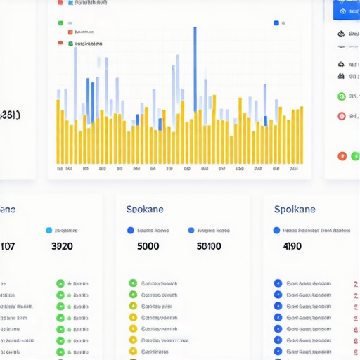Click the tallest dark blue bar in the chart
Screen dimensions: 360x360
click(195, 67)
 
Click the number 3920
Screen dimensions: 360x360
click(63, 246)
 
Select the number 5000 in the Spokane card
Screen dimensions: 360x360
click(148, 246)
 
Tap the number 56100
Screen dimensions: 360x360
click(209, 246)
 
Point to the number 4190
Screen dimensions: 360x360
click(292, 246)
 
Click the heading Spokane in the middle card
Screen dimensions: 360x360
click(146, 210)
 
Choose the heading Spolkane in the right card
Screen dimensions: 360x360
click(295, 210)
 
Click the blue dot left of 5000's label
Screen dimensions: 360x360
click(130, 230)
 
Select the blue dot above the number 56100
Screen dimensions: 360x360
click(191, 230)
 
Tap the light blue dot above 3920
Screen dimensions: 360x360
click(49, 230)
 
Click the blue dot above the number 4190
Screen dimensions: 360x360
click(276, 230)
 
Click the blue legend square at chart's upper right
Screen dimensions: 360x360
click(276, 22)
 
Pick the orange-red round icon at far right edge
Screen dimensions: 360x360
click(342, 155)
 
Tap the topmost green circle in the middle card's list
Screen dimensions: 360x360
click(132, 283)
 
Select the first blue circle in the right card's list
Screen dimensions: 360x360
click(278, 283)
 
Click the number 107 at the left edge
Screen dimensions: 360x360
click(7, 246)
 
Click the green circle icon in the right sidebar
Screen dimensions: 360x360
click(342, 96)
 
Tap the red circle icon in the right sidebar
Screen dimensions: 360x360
click(342, 116)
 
